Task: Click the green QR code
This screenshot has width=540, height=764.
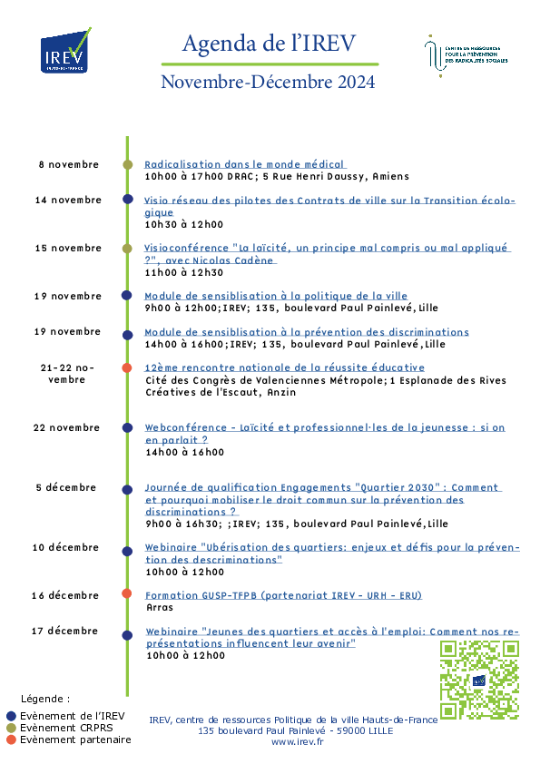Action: pyautogui.click(x=479, y=680)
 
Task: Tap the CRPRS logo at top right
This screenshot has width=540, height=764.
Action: pyautogui.click(x=466, y=56)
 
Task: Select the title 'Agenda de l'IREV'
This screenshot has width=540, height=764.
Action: pyautogui.click(x=269, y=44)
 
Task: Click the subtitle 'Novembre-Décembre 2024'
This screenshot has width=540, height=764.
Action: pyautogui.click(x=268, y=82)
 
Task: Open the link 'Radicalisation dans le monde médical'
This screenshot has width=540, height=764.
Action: pyautogui.click(x=244, y=165)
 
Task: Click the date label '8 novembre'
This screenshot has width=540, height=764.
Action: pyautogui.click(x=69, y=165)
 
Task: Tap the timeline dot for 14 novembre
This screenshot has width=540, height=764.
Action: pyautogui.click(x=128, y=200)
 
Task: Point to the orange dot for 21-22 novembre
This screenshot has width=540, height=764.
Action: pyautogui.click(x=127, y=367)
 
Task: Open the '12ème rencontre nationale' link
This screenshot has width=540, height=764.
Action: pyautogui.click(x=285, y=367)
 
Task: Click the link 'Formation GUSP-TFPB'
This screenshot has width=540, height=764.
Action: pyautogui.click(x=283, y=595)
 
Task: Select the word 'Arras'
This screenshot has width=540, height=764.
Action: pyautogui.click(x=160, y=608)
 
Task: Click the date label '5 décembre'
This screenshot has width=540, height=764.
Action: pyautogui.click(x=65, y=488)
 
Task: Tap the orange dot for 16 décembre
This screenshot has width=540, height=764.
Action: pyautogui.click(x=127, y=593)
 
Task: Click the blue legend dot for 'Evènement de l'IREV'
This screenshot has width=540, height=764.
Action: pyautogui.click(x=11, y=716)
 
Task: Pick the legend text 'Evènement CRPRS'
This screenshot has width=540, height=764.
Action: pyautogui.click(x=66, y=728)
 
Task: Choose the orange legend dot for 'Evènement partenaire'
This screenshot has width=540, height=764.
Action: pyautogui.click(x=11, y=740)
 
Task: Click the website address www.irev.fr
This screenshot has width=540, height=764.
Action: pyautogui.click(x=298, y=742)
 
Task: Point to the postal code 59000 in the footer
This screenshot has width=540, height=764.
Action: pyautogui.click(x=350, y=730)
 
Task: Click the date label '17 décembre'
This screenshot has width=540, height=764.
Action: pyautogui.click(x=64, y=631)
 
